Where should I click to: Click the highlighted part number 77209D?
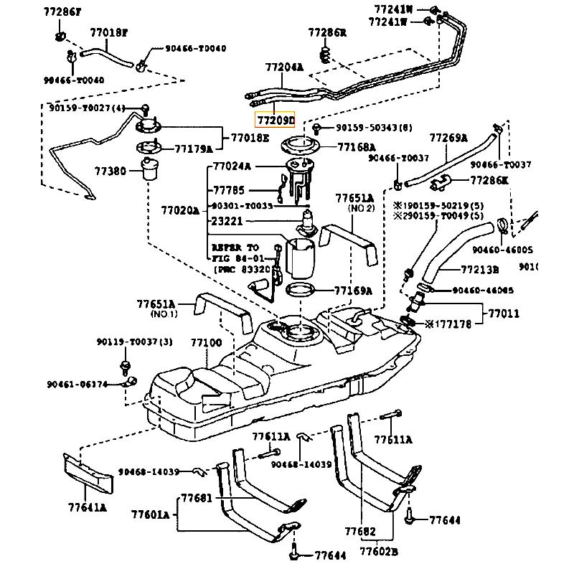coord(276,121)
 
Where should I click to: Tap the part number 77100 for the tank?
coord(206,343)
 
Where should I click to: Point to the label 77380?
coord(110,171)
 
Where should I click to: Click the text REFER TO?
coord(235,246)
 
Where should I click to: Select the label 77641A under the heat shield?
coord(88,508)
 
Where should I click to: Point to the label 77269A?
coord(448,138)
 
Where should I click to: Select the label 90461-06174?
coord(77,384)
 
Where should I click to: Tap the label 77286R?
coord(327,32)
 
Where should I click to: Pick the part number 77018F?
coord(108,32)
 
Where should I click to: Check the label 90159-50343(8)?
coord(375,128)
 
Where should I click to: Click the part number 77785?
coord(228,191)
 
